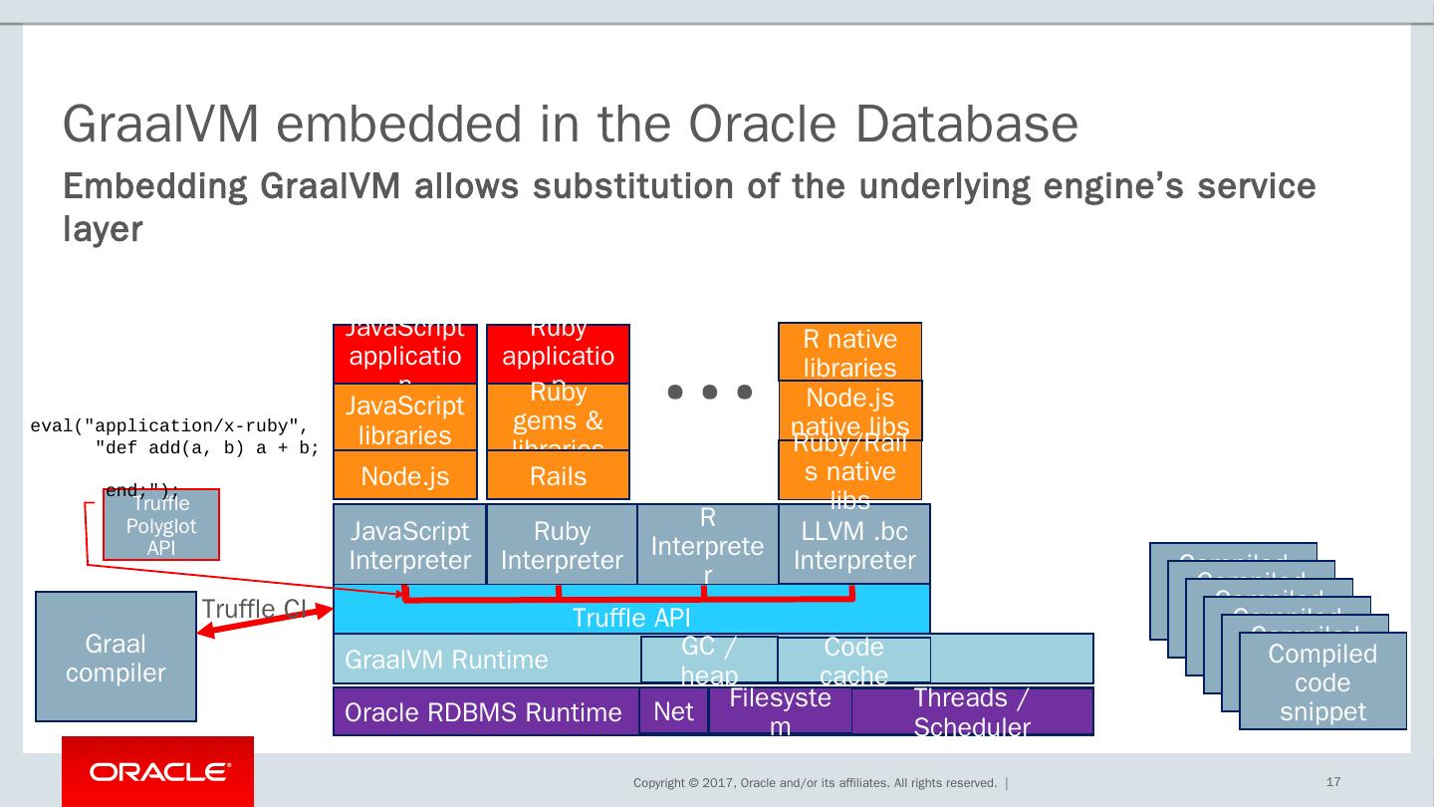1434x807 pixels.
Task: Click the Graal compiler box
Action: coord(116,657)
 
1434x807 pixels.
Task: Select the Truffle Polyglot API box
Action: coord(161,525)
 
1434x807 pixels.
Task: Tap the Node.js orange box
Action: coord(404,475)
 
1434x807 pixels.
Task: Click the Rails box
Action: coord(558,475)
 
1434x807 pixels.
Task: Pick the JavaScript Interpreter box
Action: coord(409,545)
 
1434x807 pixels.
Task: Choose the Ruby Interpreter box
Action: coord(562,545)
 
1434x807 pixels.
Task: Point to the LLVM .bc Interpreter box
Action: coord(853,545)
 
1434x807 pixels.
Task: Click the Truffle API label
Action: coord(630,619)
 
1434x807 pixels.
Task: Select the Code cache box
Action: coord(853,660)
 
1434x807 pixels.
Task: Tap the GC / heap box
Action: coord(709,660)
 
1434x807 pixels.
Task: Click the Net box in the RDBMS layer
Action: coord(673,711)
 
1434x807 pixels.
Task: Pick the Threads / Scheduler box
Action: coord(971,711)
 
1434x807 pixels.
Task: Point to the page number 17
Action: coord(1333,782)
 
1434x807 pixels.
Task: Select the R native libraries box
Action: coord(849,353)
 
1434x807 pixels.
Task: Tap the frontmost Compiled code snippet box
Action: coord(1322,682)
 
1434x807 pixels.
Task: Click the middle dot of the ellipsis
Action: coord(710,392)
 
